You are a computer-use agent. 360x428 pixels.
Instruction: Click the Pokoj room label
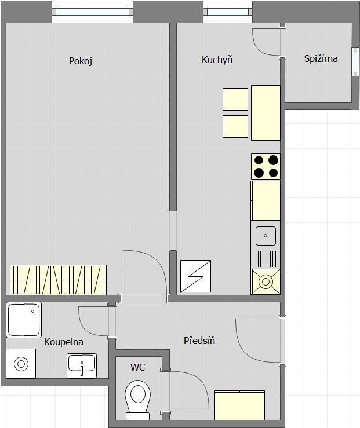tap(81, 61)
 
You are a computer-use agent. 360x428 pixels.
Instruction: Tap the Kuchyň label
tap(217, 60)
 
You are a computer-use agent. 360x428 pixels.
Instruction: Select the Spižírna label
tap(321, 58)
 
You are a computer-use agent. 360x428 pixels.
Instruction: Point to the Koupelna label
tap(64, 342)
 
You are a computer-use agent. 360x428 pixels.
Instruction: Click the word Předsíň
tap(199, 341)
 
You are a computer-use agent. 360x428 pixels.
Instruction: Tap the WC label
tap(137, 367)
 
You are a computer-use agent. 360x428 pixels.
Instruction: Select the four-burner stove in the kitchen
tap(266, 166)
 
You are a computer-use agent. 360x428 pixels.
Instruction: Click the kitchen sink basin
tap(266, 235)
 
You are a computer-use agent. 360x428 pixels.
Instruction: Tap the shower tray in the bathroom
tap(24, 320)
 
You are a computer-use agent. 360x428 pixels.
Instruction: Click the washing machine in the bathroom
tap(21, 364)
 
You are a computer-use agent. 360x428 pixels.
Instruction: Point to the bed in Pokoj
tap(58, 279)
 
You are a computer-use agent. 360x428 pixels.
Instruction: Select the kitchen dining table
tap(266, 112)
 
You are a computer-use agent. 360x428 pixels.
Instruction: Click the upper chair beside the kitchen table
tap(235, 98)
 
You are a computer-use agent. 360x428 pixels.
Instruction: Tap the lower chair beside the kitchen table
tap(235, 127)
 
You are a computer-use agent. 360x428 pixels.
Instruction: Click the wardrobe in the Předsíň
tap(240, 405)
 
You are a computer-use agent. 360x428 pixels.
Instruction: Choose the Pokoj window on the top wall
tap(92, 11)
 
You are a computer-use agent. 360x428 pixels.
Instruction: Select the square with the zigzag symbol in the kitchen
tap(195, 276)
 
